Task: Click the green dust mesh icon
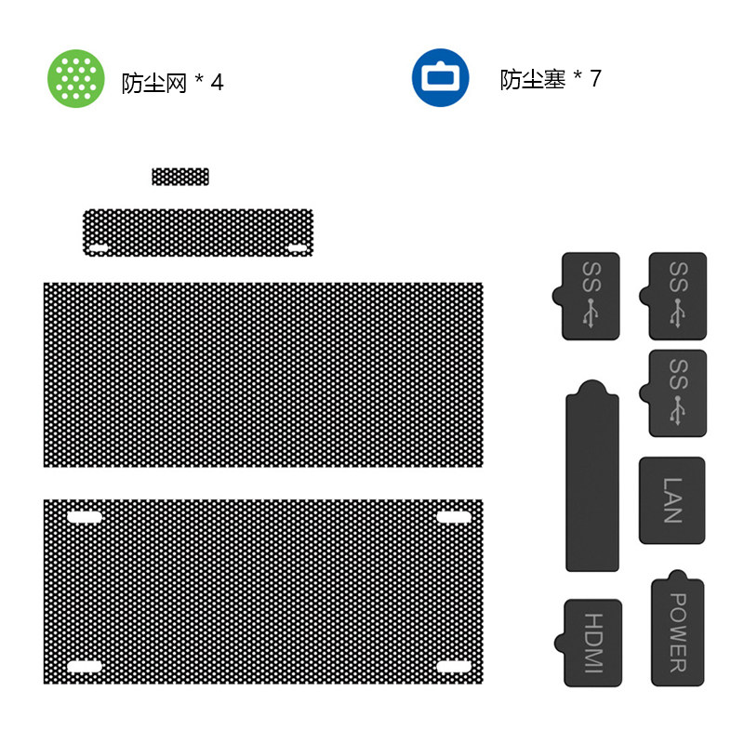tap(76, 78)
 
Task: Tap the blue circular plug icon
tap(440, 77)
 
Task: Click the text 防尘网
tap(154, 83)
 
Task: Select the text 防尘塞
tap(532, 79)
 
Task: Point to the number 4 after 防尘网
tap(217, 83)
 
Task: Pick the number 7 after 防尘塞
tap(595, 78)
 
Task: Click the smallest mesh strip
tap(180, 177)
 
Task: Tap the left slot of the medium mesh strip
tap(99, 248)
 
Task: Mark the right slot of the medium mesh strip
tap(298, 248)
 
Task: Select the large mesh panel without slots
tap(263, 375)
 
